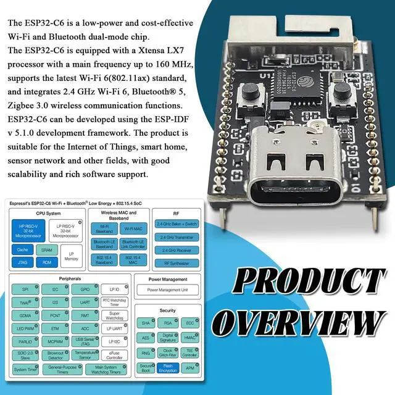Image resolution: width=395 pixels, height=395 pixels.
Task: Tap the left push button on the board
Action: coord(251,93)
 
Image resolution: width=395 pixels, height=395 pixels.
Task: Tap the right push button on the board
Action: coord(342,93)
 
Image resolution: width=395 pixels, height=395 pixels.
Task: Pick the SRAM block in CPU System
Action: coord(46,249)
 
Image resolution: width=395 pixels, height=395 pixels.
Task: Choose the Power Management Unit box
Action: coord(168,289)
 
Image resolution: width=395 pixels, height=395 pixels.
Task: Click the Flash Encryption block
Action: coord(167,368)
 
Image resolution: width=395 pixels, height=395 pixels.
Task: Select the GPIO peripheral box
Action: coord(85,289)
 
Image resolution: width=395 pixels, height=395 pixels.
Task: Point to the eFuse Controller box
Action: coord(115,354)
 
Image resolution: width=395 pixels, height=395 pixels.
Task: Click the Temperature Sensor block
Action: coord(85,355)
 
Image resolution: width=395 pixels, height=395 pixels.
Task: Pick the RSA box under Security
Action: coord(167,323)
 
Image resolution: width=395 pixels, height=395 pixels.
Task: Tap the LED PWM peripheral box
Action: coord(25,328)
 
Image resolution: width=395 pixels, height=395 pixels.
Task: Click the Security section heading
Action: coord(167,310)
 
